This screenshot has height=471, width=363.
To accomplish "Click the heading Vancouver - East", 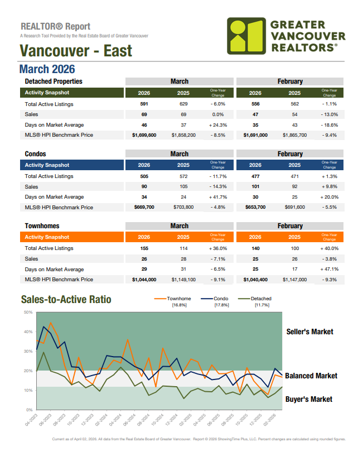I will (76, 51).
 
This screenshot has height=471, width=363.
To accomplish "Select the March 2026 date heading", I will (47, 69).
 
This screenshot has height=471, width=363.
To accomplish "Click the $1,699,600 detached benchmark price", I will (144, 135).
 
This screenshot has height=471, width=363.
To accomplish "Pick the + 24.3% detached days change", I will (217, 125).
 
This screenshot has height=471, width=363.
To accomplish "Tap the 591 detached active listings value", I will (144, 104).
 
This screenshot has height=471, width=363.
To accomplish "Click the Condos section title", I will (35, 153).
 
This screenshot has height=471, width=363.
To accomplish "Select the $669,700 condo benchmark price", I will (144, 207).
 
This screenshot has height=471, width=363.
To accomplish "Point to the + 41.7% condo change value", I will (217, 197).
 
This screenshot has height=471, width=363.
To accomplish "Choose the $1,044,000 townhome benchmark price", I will (144, 279).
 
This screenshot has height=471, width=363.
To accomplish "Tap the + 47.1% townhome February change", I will (329, 269).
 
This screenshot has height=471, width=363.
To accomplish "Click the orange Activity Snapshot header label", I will (47, 237).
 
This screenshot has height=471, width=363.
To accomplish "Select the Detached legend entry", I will (262, 299).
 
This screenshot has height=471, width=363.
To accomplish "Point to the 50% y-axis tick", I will (28, 312).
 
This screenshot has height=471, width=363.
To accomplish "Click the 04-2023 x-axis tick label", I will (31, 418).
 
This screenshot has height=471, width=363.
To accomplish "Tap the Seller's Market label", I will (309, 332).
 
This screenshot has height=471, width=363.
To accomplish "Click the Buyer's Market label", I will (309, 399).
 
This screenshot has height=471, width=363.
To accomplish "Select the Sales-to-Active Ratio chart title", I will (66, 300).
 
